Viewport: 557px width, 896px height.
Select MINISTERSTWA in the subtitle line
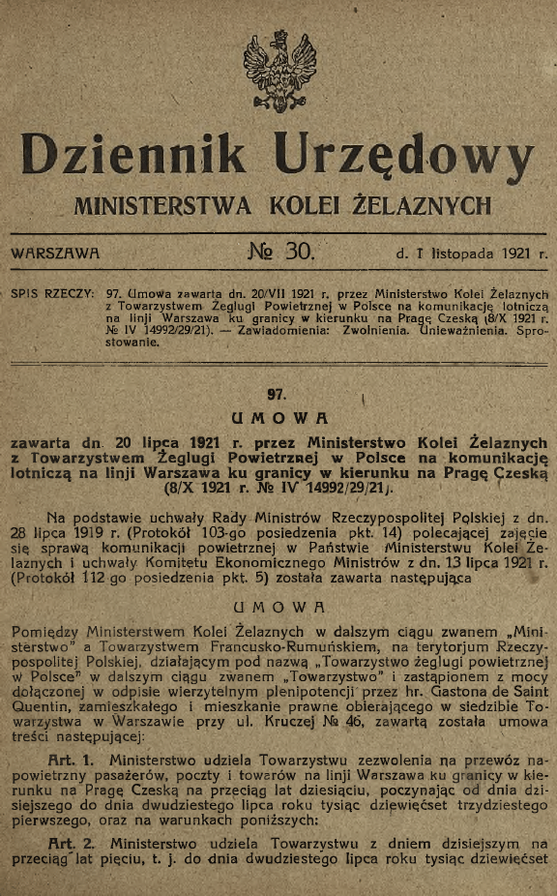click(163, 205)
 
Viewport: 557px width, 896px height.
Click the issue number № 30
click(281, 254)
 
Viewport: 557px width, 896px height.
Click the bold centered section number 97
click(278, 394)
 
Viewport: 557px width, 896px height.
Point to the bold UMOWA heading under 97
click(278, 418)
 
